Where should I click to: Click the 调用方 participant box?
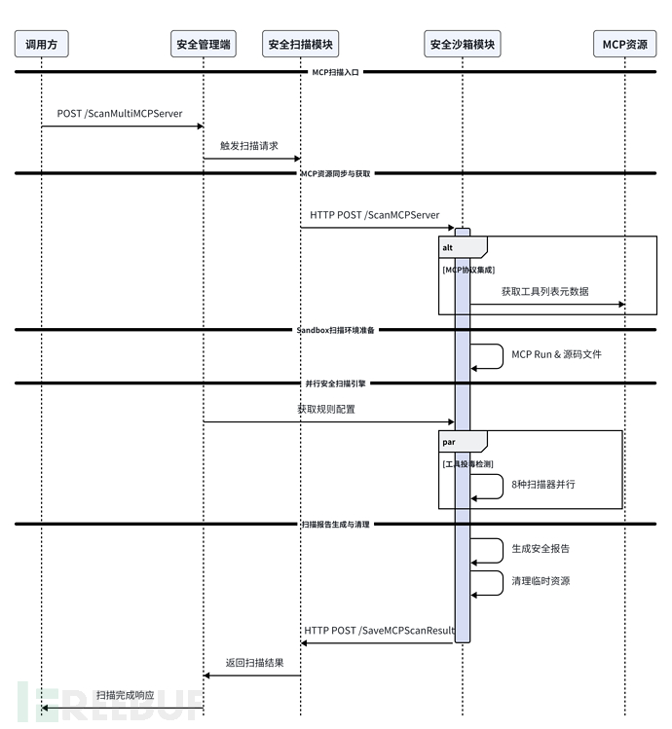coord(41,44)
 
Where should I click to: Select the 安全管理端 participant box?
coord(203,44)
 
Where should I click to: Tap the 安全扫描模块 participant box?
coord(300,44)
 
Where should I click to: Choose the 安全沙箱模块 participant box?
coord(463,44)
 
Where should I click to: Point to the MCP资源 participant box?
coord(624,44)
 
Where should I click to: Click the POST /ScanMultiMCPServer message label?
coord(120,114)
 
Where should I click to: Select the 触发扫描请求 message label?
coord(249,145)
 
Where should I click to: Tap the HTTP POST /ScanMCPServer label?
coord(375,214)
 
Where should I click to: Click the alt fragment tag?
coord(448,247)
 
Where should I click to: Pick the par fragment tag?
coord(449,441)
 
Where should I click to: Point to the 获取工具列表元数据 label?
coord(544,291)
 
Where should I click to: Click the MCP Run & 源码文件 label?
coord(556,354)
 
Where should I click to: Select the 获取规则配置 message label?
coord(326,409)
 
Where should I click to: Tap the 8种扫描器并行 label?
coord(543,484)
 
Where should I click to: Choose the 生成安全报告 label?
coord(541,548)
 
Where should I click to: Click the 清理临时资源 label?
coord(541,581)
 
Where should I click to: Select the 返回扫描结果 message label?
coord(255,663)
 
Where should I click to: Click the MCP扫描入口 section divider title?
coord(335,72)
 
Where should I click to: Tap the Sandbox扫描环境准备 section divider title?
coord(336,330)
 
